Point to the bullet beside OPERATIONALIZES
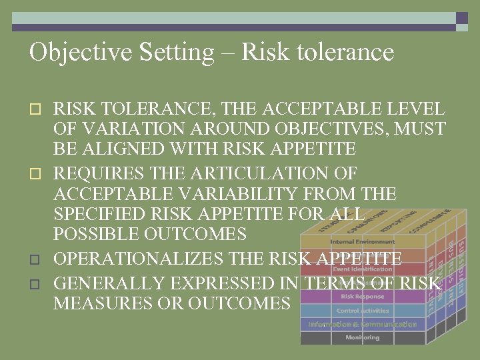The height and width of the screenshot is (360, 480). point(38,258)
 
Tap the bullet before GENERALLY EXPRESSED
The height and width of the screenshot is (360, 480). point(38,283)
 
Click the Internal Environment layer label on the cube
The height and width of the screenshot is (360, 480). point(362,241)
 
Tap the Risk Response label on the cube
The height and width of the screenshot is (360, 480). point(362,296)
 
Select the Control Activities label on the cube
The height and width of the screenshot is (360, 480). point(362,310)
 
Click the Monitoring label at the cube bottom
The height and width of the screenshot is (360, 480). point(362,338)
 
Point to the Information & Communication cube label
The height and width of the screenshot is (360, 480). point(362,324)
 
